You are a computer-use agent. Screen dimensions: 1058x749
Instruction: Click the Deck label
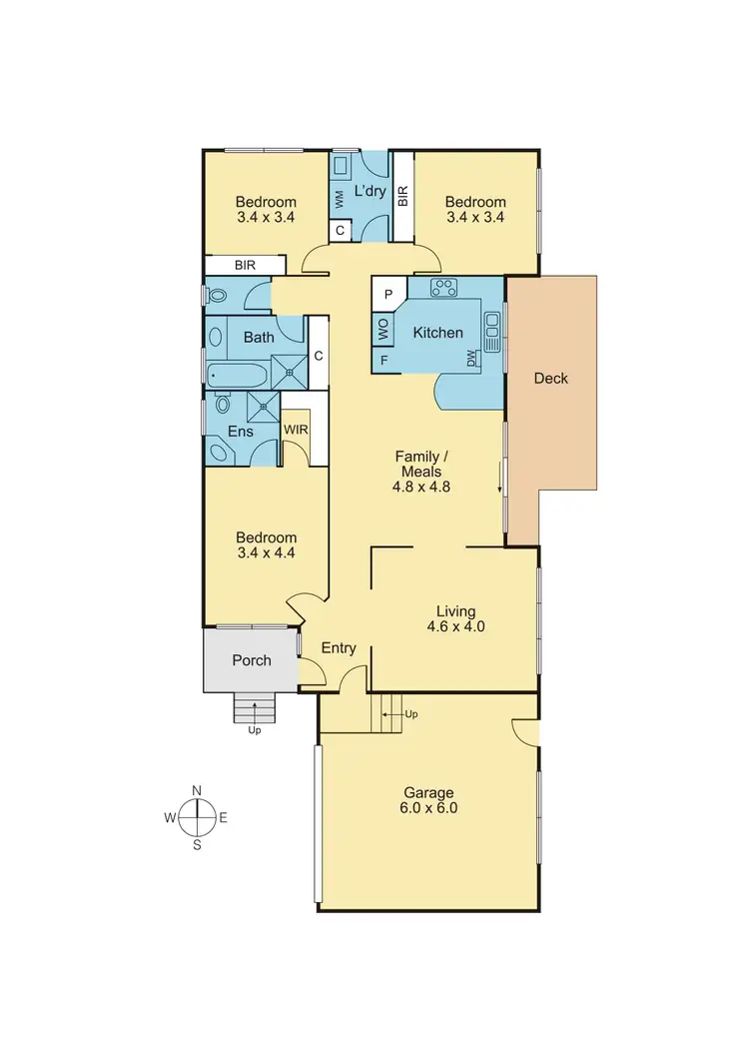click(550, 378)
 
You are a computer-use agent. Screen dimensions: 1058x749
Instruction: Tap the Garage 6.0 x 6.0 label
click(428, 800)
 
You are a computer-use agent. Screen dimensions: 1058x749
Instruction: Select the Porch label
click(251, 660)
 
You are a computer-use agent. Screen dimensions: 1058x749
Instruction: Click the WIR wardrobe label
click(296, 430)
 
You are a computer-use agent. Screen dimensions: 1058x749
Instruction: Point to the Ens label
click(240, 433)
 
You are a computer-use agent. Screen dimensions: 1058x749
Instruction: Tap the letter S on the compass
click(197, 844)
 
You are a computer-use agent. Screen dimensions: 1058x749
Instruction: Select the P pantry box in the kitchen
click(387, 296)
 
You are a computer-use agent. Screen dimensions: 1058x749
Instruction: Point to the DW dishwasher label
click(472, 357)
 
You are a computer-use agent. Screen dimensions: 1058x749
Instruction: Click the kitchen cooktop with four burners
click(442, 288)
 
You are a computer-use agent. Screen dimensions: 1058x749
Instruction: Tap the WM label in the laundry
click(340, 199)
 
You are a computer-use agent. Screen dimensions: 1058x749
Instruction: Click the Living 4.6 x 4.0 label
click(455, 619)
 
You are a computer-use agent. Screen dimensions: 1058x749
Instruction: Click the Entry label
click(339, 648)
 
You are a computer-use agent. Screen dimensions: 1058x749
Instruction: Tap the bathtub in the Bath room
click(237, 377)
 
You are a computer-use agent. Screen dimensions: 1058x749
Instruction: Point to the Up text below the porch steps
click(254, 731)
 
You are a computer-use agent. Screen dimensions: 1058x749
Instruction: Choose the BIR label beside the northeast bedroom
click(402, 196)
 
